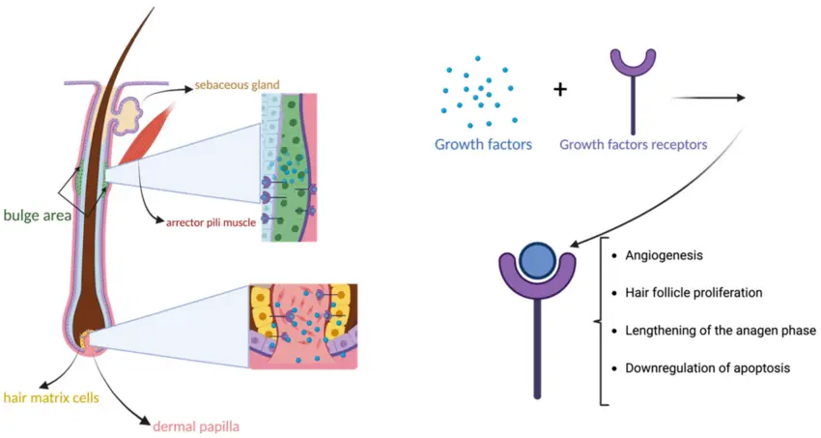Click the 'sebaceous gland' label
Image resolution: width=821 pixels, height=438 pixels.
pyautogui.click(x=238, y=85)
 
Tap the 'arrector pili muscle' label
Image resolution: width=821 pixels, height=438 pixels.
pyautogui.click(x=211, y=222)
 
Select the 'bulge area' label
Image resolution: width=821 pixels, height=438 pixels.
pyautogui.click(x=37, y=216)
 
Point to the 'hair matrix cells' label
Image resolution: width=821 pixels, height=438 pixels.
pyautogui.click(x=51, y=397)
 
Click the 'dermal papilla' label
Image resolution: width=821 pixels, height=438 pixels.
pyautogui.click(x=196, y=426)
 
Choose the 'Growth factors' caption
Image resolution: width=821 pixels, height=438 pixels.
pyautogui.click(x=483, y=145)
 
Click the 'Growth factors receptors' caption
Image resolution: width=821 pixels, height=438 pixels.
pyautogui.click(x=634, y=145)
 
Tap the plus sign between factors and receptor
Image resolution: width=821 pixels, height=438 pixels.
pyautogui.click(x=560, y=90)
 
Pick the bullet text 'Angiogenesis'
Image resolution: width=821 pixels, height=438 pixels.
pyautogui.click(x=664, y=255)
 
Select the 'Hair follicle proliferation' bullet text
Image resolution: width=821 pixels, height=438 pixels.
pyautogui.click(x=694, y=292)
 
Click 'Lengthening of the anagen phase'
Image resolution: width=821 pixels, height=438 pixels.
pyautogui.click(x=721, y=331)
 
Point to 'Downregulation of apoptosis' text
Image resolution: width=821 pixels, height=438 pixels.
pyautogui.click(x=707, y=367)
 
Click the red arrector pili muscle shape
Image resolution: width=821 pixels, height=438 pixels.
pyautogui.click(x=145, y=133)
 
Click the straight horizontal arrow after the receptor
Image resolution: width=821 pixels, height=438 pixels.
pyautogui.click(x=708, y=98)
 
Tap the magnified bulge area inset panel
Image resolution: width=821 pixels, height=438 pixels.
pyautogui.click(x=289, y=167)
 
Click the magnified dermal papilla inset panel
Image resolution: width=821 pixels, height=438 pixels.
pyautogui.click(x=303, y=327)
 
